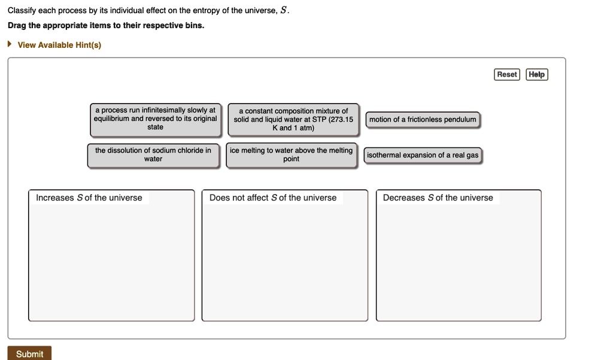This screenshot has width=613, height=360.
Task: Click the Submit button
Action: coord(29,353)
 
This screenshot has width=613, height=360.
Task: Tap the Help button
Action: coord(536,74)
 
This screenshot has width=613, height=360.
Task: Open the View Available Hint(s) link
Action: coord(59,45)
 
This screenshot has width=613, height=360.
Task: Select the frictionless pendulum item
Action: coord(423,120)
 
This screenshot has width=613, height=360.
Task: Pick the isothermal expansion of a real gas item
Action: coord(423,155)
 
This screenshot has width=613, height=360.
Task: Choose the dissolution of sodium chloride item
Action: coord(153,155)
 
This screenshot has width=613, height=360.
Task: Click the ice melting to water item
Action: coord(291,155)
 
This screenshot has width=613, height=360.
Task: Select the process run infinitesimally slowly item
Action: coord(155,119)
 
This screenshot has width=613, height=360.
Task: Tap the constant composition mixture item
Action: coord(293,119)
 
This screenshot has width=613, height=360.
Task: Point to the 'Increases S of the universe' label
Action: coord(89,198)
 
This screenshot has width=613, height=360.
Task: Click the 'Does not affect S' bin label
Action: coord(273,198)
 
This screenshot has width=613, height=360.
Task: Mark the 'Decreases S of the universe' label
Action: coord(438,198)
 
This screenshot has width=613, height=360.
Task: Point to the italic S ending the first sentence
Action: coord(284,11)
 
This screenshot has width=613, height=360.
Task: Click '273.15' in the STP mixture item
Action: coord(341,119)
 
